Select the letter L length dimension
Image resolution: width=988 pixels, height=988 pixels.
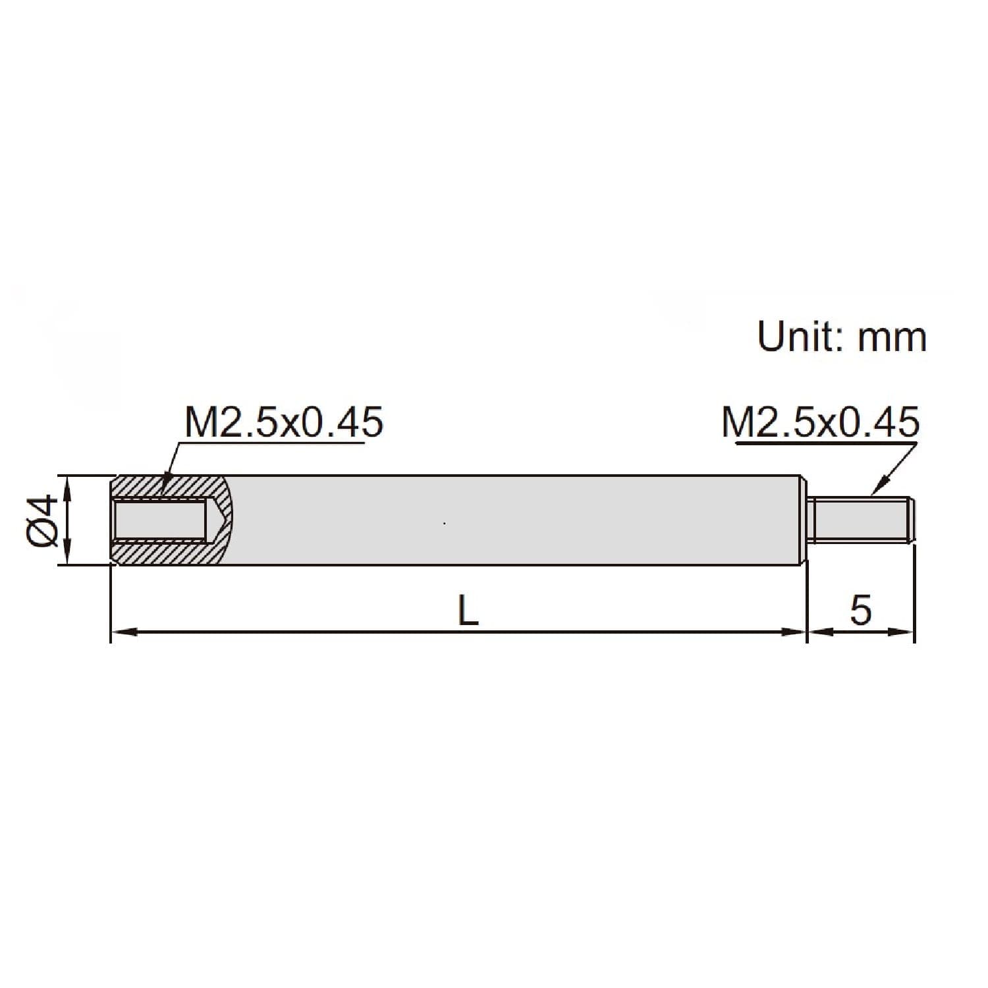[x=468, y=612]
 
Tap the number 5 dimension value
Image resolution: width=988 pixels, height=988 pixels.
[x=860, y=611]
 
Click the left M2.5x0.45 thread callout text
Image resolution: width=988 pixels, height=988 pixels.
[x=283, y=422]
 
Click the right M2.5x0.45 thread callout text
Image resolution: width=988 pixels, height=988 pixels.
[x=820, y=422]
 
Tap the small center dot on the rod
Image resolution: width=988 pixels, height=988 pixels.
[x=445, y=524]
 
